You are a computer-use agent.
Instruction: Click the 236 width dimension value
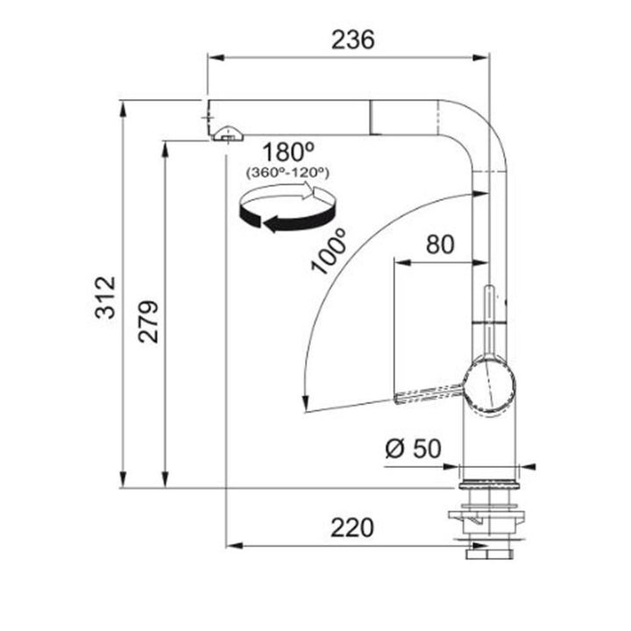[x=353, y=39]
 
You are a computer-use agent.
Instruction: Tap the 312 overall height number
[x=105, y=297]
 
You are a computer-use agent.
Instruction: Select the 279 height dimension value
[x=148, y=322]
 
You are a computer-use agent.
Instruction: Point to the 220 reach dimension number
[x=352, y=528]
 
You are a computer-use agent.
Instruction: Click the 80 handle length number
[x=440, y=245]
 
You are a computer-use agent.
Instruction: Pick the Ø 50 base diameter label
[x=414, y=449]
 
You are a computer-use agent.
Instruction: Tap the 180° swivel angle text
[x=288, y=152]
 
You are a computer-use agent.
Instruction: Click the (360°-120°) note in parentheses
[x=287, y=173]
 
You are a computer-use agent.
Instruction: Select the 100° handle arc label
[x=329, y=252]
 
